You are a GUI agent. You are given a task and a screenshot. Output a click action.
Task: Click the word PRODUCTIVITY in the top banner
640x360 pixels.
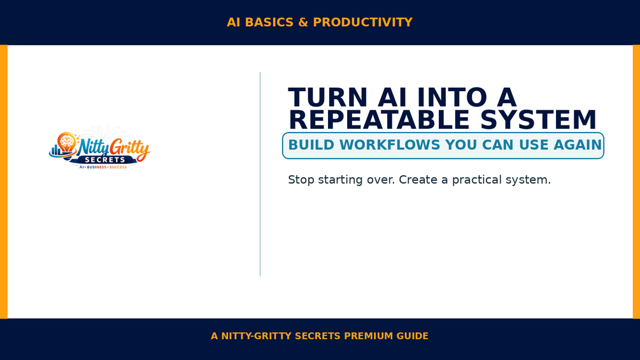[362, 22]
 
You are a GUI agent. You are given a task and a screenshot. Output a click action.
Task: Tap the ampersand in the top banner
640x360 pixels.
[303, 22]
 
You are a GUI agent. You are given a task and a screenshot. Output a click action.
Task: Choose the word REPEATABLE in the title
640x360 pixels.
[379, 120]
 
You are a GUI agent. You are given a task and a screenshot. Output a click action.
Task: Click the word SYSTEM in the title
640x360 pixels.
[538, 120]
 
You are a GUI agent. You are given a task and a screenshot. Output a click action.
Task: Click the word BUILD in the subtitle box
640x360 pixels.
[311, 145]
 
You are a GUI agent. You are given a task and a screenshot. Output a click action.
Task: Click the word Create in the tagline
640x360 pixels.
[418, 180]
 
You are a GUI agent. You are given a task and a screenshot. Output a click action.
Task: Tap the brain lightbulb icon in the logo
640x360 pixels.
[66, 143]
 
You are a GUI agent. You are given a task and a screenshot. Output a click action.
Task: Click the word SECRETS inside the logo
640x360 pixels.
[105, 160]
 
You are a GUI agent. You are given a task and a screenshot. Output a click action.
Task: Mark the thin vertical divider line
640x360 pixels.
[260, 175]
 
